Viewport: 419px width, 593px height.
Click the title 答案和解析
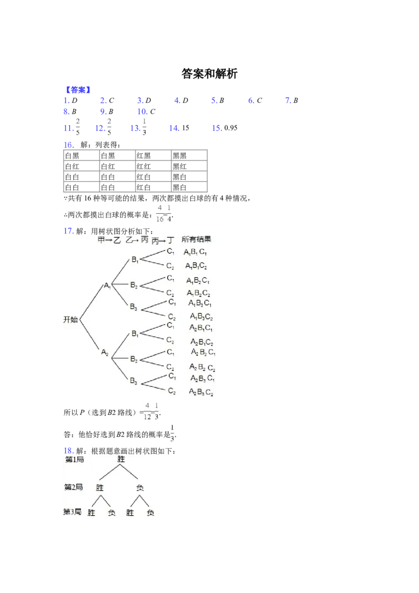(x=210, y=73)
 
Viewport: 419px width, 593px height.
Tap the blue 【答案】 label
(x=78, y=90)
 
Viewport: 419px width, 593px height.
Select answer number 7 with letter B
(x=292, y=100)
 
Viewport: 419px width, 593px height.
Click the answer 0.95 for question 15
(x=230, y=128)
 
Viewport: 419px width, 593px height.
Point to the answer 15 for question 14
(x=185, y=128)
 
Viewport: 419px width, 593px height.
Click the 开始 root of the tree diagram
(x=70, y=320)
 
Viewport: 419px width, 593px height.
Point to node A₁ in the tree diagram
(x=107, y=285)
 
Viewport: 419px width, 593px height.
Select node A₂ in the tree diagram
(x=105, y=353)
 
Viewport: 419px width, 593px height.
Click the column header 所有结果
(x=196, y=239)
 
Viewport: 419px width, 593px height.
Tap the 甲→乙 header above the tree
(x=109, y=240)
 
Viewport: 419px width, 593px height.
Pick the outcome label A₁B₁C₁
(x=195, y=252)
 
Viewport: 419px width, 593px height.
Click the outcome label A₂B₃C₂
(x=201, y=392)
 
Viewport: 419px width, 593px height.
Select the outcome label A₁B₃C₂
(x=201, y=316)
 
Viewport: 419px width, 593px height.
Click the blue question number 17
(x=68, y=230)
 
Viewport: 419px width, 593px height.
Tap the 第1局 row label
(x=74, y=459)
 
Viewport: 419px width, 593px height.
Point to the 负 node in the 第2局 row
(x=140, y=488)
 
